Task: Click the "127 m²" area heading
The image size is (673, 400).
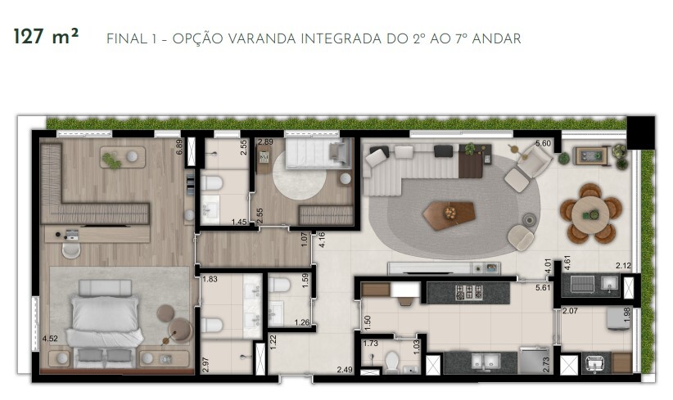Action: pos(46,37)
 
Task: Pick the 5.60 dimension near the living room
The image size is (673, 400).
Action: pos(542,144)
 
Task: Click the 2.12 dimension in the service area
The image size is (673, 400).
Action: pos(622,265)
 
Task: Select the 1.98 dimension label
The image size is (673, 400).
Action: pos(628,314)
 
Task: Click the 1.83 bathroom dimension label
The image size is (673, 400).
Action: pos(210,280)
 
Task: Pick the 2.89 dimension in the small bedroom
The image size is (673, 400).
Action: pos(265,142)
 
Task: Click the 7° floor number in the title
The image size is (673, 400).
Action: pos(475,38)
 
